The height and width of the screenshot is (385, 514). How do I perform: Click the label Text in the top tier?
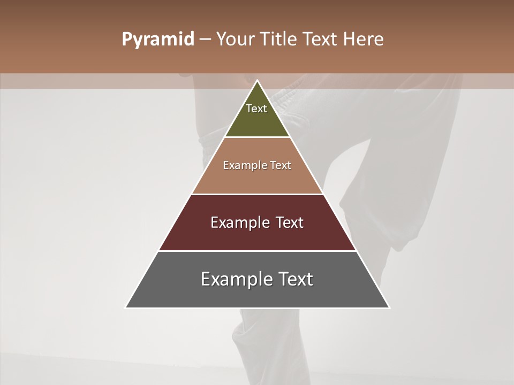click(256, 109)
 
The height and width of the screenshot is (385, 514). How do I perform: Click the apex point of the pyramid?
click(258, 81)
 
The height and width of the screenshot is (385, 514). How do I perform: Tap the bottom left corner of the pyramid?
click(126, 307)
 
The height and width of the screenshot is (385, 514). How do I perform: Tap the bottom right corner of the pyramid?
click(389, 307)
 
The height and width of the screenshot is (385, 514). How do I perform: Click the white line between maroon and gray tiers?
click(258, 251)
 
